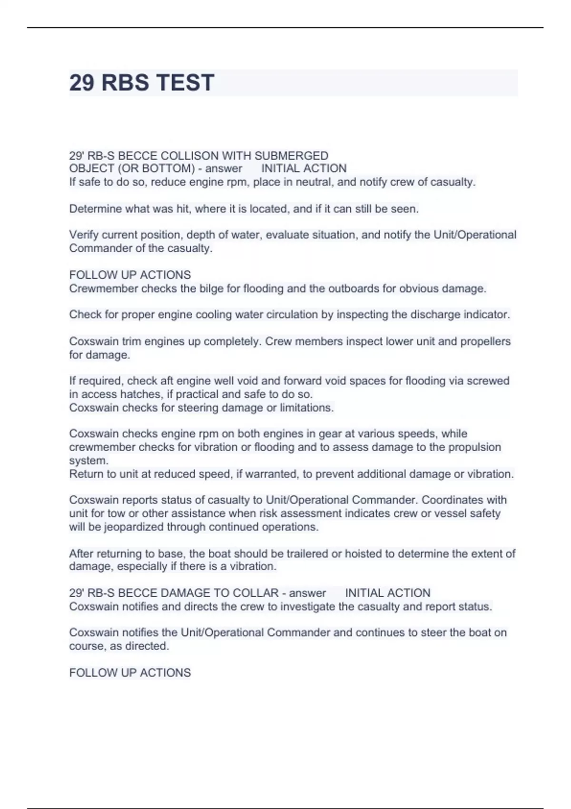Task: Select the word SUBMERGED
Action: click(x=291, y=156)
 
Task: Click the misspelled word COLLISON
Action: click(x=183, y=156)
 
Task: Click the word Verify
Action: click(x=84, y=235)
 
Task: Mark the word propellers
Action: click(x=485, y=341)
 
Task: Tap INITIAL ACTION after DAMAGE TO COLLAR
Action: click(x=387, y=593)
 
